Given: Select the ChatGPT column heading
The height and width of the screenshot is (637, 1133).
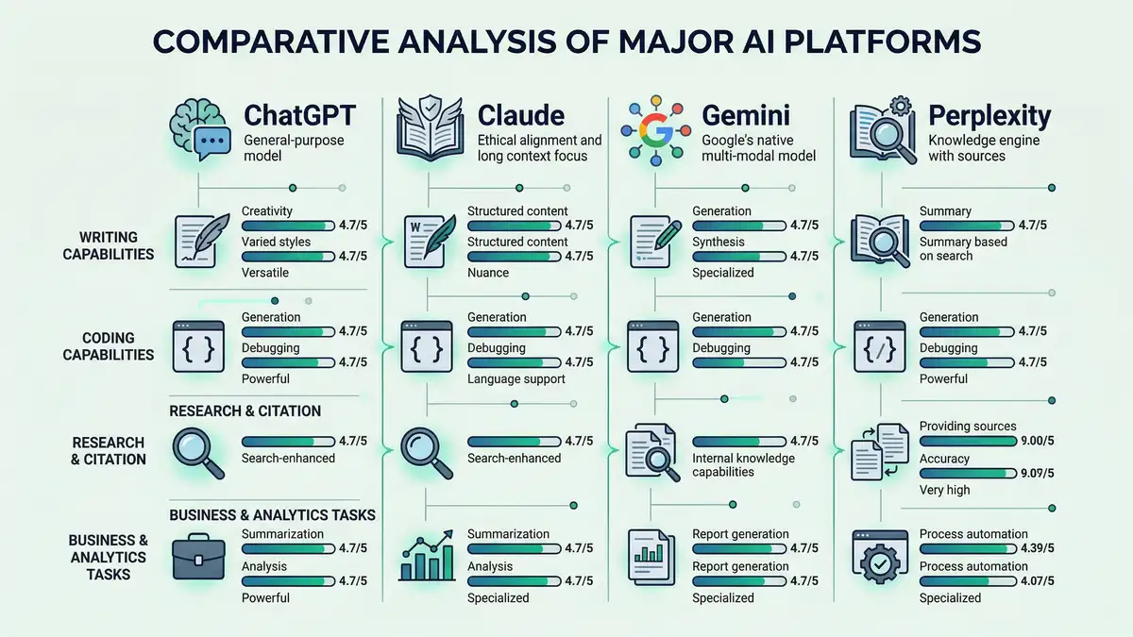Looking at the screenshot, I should pos(299,115).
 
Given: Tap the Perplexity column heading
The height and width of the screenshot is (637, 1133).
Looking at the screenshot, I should pos(989,116).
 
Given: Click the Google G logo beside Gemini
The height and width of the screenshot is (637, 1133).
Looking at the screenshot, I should pos(652,129).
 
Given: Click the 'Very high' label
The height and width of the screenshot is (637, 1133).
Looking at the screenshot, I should pos(944,490).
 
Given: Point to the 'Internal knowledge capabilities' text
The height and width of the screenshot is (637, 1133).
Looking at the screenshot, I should pos(743,464).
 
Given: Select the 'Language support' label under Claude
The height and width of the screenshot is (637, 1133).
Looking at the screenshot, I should pos(516,378).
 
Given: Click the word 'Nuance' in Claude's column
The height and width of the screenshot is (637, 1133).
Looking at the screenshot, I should pos(488,273).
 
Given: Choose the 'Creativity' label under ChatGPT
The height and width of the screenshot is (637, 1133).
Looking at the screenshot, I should pos(267,210).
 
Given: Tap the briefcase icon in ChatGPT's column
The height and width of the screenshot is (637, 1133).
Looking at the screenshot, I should pos(199,556).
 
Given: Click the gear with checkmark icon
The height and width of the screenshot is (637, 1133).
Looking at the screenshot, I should pos(879,556).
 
